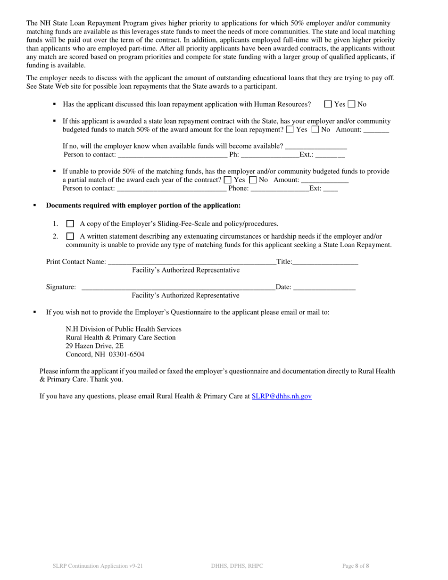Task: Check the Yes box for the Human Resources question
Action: [x=328, y=104]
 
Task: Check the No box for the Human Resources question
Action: [x=351, y=104]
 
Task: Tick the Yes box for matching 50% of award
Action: [x=290, y=130]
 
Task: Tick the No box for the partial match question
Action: [x=253, y=180]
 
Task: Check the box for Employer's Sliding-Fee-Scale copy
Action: [x=70, y=224]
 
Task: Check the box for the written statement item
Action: [x=70, y=236]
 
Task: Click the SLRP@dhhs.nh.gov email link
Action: [x=282, y=397]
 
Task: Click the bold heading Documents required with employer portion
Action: [x=143, y=206]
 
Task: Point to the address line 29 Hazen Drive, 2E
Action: [x=95, y=346]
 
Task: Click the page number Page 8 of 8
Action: [x=356, y=566]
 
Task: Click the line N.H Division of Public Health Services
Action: [x=124, y=329]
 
